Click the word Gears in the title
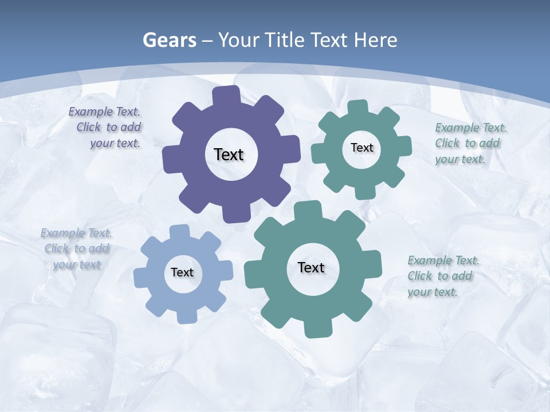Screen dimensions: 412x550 coord(170,41)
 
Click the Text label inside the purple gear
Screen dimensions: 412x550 coord(229,154)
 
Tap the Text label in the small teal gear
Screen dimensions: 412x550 coord(362,148)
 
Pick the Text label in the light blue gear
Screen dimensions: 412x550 coord(182,272)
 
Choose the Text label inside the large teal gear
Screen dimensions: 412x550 coord(311,267)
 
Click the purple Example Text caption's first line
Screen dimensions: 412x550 coord(104,112)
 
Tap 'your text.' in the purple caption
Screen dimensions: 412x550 coord(115,143)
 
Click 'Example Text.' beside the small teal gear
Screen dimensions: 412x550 coord(471,128)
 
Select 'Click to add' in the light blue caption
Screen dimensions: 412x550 coord(77,248)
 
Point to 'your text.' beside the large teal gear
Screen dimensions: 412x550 coord(433,292)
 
